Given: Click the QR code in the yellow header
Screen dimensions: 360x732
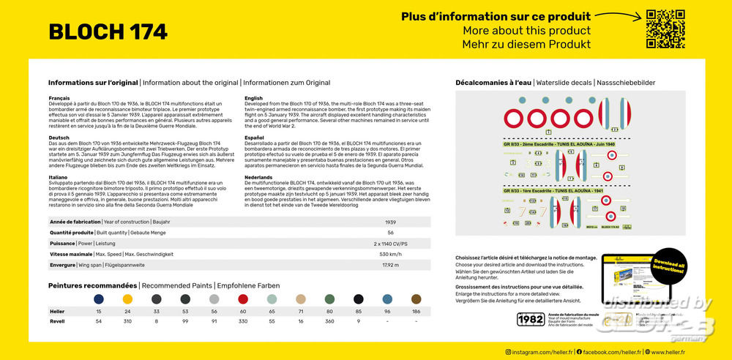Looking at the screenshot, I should (x=665, y=29).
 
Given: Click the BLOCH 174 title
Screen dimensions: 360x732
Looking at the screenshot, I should (x=108, y=31).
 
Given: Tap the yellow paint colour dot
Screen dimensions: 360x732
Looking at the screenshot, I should (x=127, y=299).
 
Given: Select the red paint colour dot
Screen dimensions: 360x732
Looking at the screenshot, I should (x=243, y=299).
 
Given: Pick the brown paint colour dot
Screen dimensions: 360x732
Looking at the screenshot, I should (x=417, y=299).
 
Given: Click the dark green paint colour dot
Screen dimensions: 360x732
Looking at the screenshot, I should (x=329, y=299).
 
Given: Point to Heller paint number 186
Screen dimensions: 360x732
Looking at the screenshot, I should (x=417, y=312).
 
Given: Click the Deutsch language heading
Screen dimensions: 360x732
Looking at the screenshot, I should (x=59, y=137).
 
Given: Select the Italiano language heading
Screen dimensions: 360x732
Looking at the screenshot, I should (x=59, y=176).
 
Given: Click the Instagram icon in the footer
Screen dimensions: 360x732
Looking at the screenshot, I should (x=509, y=352).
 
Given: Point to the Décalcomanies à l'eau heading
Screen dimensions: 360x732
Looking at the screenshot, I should (x=493, y=83).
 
